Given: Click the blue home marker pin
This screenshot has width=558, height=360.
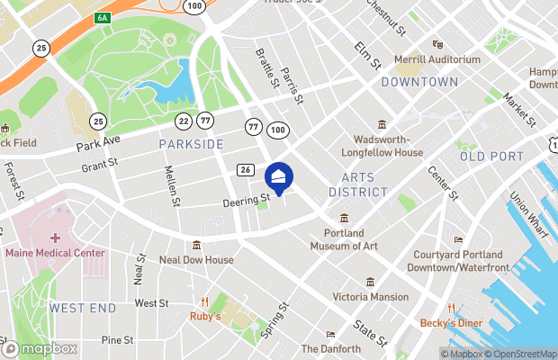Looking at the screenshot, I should coord(279,178).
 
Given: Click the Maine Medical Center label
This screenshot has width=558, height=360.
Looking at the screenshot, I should coord(55,253).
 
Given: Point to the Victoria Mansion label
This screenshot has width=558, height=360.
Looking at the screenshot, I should coord(370,296).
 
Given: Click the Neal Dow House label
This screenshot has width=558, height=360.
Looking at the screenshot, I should coord(196,260).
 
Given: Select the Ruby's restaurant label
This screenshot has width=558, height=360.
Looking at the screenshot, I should coord(206,316).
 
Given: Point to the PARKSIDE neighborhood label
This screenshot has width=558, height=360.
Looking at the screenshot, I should coord(191,144).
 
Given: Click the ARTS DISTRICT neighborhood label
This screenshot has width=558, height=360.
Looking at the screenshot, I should coord(357,185).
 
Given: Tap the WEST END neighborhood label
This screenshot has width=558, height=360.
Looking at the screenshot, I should coord(82,308).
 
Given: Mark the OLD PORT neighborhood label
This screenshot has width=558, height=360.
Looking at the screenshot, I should coord(491,157).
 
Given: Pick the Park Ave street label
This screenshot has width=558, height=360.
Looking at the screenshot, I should coord(98,144).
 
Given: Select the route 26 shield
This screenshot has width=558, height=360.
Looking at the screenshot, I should coord(245,169).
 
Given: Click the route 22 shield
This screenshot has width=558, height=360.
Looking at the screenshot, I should coord(184,121).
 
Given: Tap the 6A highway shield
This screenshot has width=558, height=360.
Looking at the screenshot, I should coord(102,17).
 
